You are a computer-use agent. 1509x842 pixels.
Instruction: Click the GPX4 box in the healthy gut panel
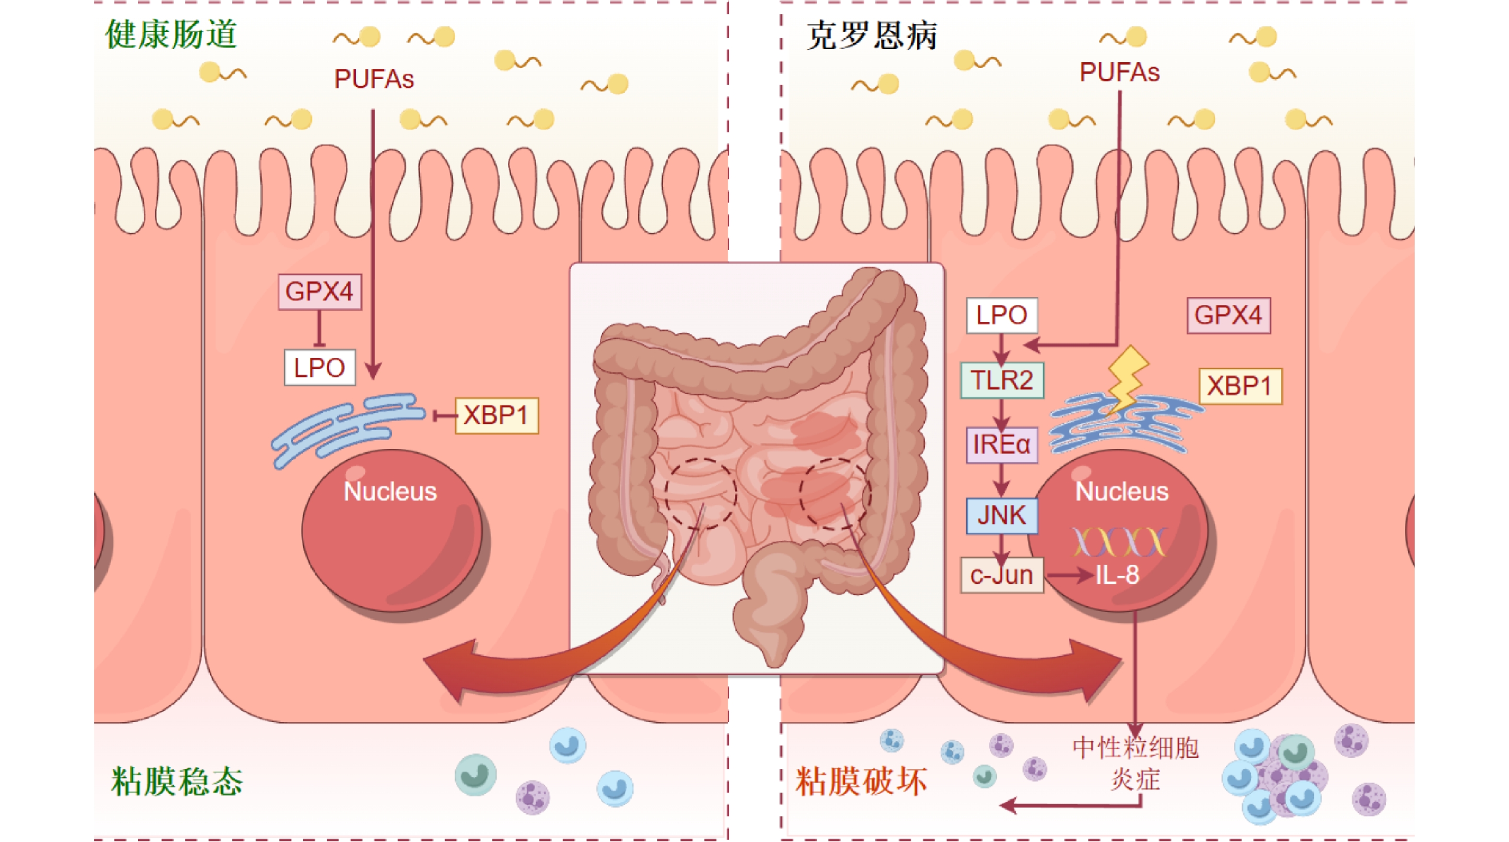319,292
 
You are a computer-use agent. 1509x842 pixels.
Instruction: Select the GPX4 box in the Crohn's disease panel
1228,315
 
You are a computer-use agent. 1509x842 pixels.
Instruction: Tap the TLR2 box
1002,380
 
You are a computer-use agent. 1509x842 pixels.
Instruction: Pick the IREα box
1002,444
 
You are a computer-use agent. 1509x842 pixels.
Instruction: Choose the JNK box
1002,515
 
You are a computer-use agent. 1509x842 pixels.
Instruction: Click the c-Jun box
1002,575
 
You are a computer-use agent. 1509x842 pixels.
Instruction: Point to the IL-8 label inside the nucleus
1117,575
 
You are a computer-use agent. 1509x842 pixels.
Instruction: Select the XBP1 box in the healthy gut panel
496,416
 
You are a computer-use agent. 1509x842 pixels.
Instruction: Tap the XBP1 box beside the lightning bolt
1240,386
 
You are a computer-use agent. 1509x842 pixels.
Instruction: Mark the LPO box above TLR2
1002,315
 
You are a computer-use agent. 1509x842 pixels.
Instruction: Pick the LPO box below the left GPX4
319,368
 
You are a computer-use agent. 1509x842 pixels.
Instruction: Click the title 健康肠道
171,34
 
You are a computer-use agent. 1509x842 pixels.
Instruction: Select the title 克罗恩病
872,35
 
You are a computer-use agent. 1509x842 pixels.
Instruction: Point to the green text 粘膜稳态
177,781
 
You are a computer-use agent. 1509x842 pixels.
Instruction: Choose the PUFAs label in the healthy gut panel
374,79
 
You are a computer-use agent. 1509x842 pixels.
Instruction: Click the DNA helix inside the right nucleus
1119,542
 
